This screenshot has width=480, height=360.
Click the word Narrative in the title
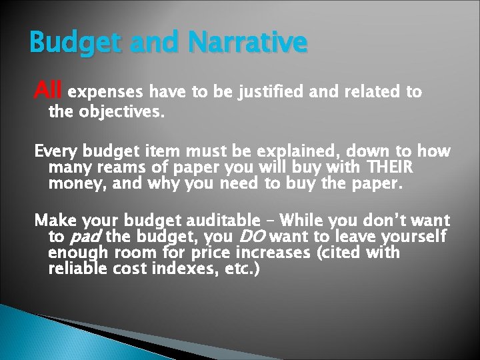point(248,43)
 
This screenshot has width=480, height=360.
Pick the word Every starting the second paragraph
point(56,151)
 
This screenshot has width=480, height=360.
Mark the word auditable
point(225,221)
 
